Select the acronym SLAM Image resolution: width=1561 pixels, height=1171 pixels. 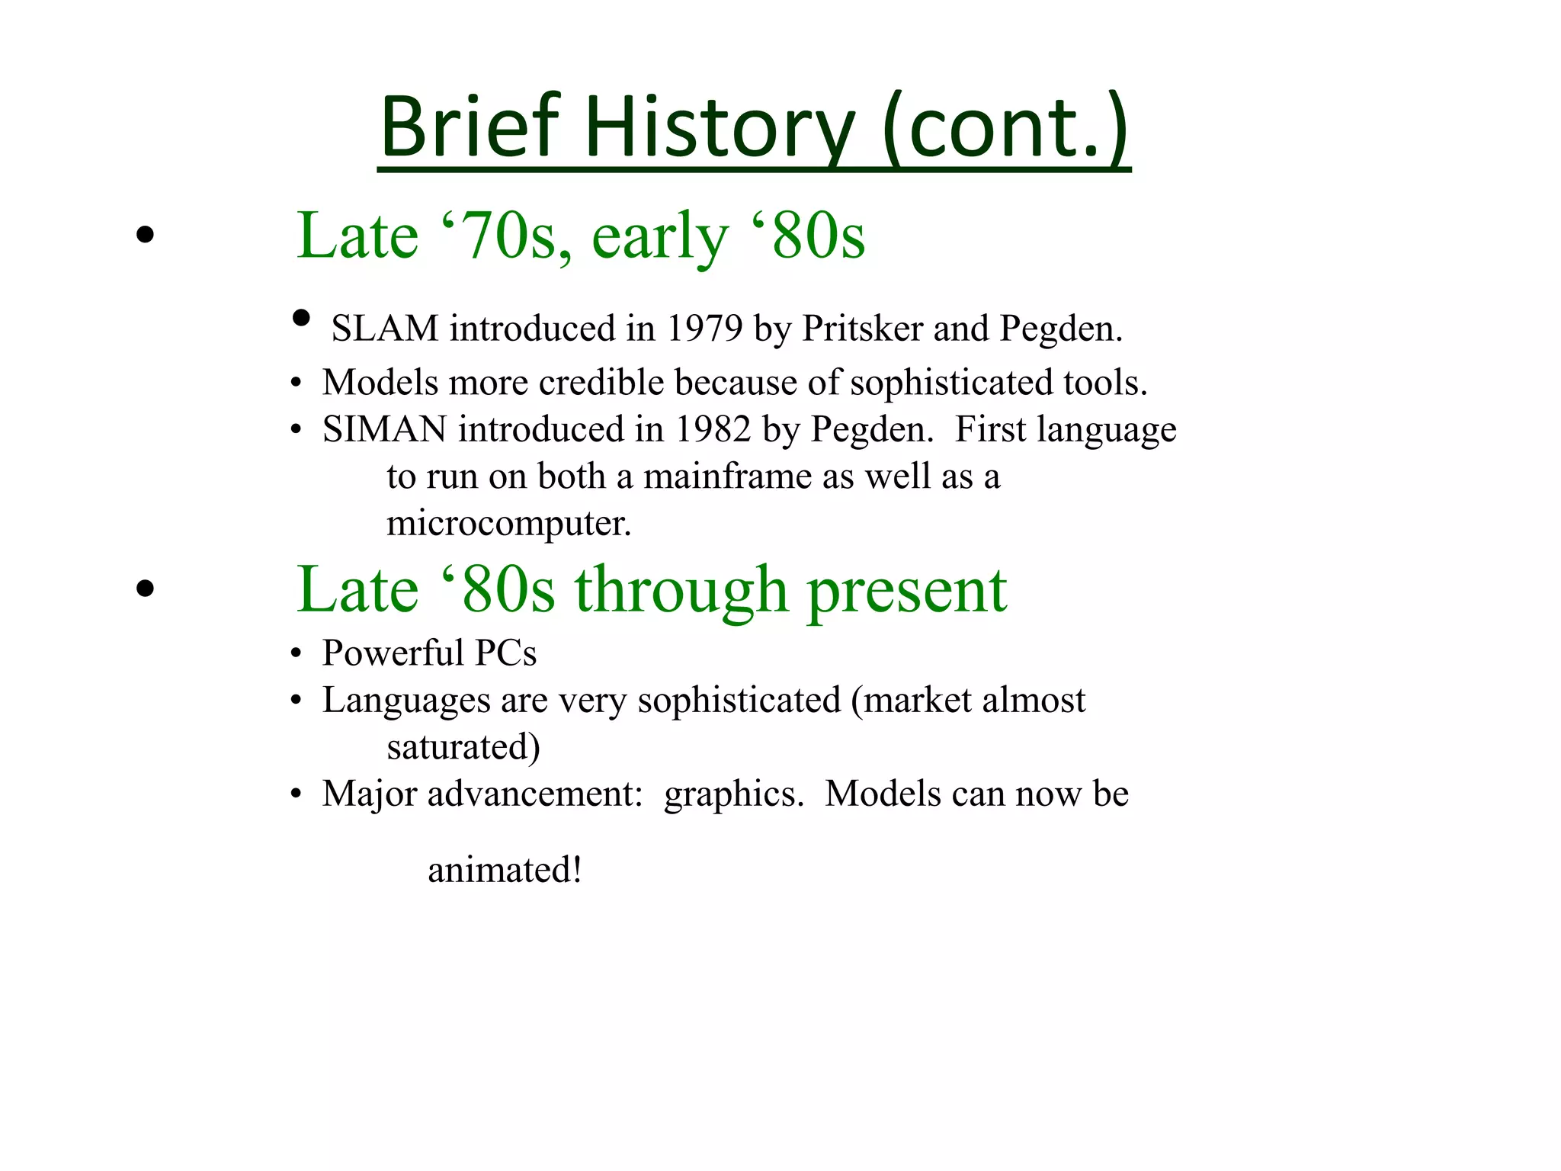(x=385, y=329)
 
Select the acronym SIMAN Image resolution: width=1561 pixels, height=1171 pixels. (x=384, y=429)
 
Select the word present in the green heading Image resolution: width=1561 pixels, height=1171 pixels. (x=907, y=590)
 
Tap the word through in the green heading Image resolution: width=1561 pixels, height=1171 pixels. (x=681, y=590)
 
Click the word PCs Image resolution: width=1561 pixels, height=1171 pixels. (x=505, y=653)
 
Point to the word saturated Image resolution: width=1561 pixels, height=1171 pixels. (x=463, y=747)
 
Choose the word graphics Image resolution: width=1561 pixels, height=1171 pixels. (x=733, y=794)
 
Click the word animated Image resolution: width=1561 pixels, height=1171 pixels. (x=504, y=871)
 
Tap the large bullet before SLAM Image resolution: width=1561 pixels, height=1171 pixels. (x=301, y=318)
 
